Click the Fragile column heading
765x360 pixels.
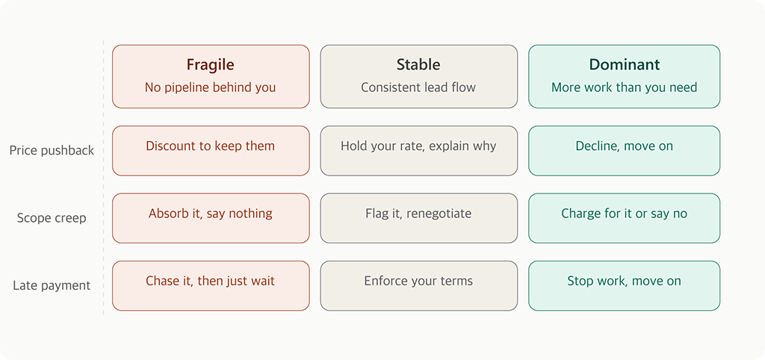(x=210, y=65)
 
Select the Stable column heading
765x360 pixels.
(x=418, y=65)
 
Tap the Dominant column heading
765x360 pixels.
(x=624, y=65)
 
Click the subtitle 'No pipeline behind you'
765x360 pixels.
(x=210, y=87)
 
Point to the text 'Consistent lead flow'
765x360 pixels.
(x=418, y=87)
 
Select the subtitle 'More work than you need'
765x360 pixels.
(x=624, y=87)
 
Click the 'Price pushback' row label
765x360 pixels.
(x=52, y=151)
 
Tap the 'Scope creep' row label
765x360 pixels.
(x=52, y=218)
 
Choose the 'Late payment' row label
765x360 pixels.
(x=52, y=285)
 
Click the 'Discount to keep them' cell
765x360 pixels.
(x=210, y=150)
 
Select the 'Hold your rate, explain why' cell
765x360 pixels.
(x=418, y=150)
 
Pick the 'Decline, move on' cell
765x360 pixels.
(x=624, y=150)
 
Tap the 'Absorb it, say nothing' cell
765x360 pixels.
(x=210, y=217)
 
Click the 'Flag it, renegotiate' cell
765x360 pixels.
(x=418, y=217)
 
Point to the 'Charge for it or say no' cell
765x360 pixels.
(x=624, y=217)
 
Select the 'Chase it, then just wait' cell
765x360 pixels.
(x=210, y=285)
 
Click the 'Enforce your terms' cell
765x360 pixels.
(x=418, y=285)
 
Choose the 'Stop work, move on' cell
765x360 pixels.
(x=624, y=285)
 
